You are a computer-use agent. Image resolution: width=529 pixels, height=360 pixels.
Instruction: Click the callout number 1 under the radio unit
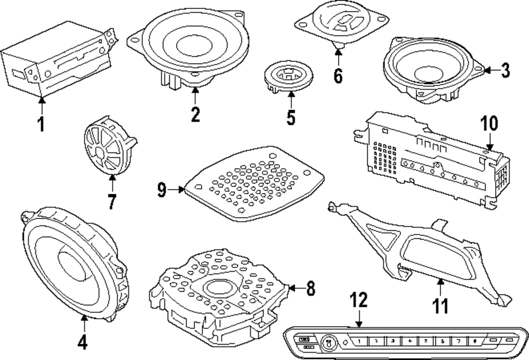[41, 124]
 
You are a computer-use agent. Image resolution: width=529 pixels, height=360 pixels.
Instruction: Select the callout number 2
[195, 114]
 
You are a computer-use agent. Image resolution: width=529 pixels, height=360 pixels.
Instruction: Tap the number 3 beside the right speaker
[505, 70]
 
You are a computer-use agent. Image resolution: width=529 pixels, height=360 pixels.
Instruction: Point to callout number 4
[82, 343]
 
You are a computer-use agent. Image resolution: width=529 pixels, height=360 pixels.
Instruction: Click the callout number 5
[291, 118]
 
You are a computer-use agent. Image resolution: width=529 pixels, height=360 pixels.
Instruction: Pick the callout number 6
[338, 76]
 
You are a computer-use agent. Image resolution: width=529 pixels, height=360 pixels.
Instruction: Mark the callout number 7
[112, 202]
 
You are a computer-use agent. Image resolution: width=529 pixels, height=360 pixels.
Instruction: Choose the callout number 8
[311, 289]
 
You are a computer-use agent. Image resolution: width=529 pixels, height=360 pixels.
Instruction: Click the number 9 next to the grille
[162, 189]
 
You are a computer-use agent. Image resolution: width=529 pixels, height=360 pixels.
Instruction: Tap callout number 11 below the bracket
[440, 305]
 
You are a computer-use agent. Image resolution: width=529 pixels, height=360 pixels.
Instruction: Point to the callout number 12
[359, 301]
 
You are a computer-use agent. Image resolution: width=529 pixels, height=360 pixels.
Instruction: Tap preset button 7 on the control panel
[459, 341]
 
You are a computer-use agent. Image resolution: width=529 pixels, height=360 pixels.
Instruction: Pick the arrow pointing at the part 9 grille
[177, 189]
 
